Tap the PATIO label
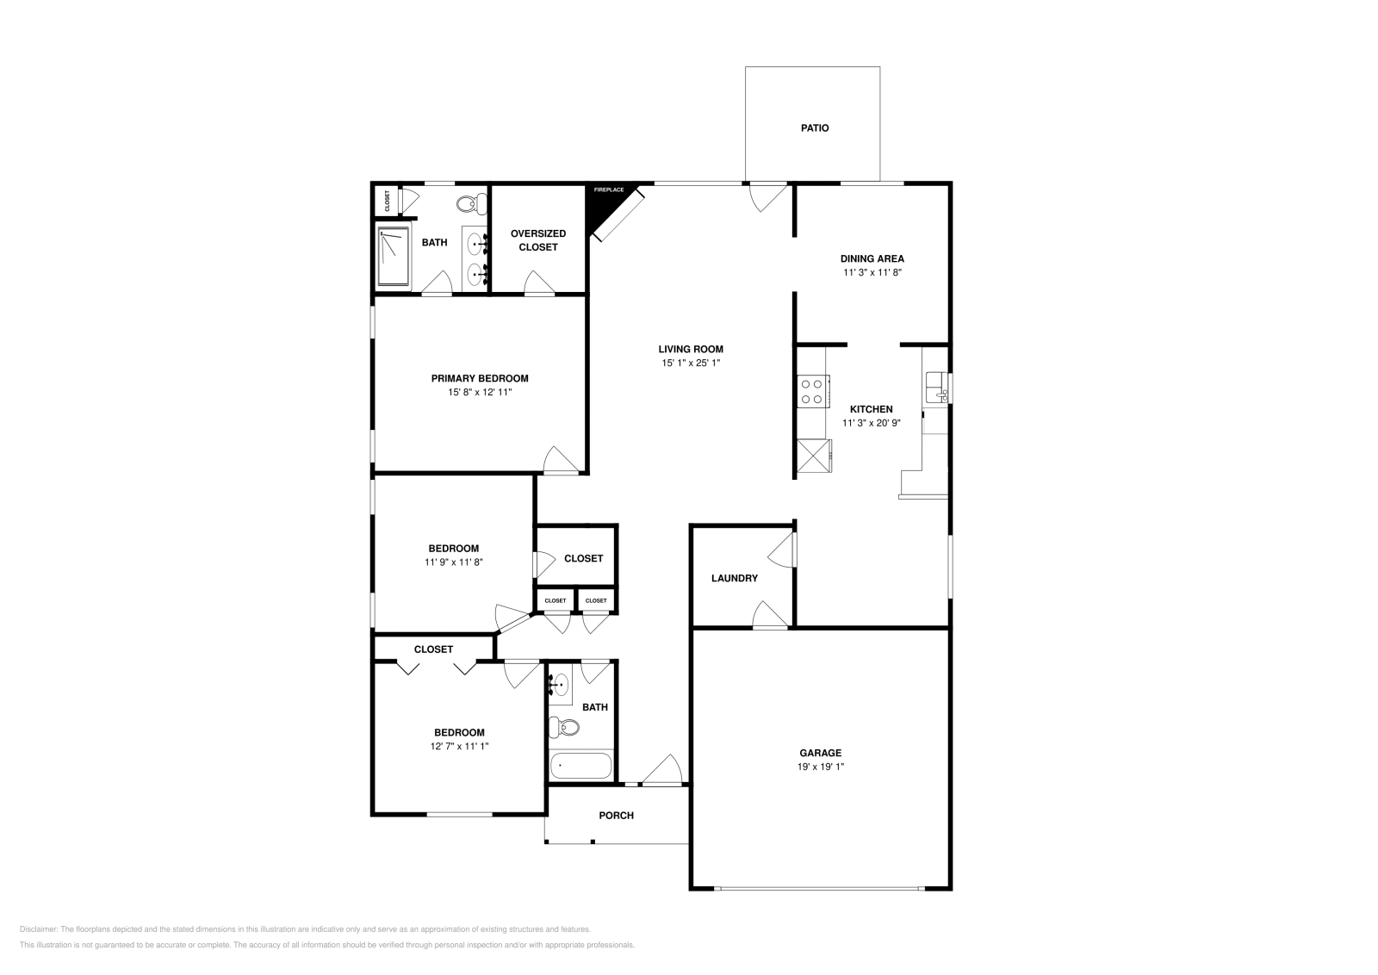pos(814,128)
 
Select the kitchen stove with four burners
pos(811,391)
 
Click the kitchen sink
pos(934,387)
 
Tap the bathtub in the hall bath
pos(580,766)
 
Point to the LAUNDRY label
pos(734,578)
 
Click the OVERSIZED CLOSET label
pos(537,240)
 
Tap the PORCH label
pos(616,816)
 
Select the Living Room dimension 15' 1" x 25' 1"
pos(691,363)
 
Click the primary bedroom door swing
pos(560,461)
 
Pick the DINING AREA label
pos(872,258)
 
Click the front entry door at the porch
pos(664,771)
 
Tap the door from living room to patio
pos(767,196)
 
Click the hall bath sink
pos(560,686)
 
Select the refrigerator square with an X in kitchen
pos(813,456)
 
